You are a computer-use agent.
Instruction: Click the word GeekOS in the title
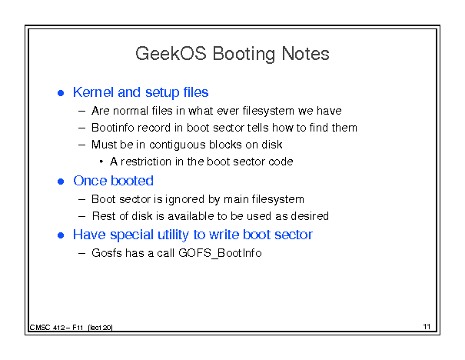(171, 54)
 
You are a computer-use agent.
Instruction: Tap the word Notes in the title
(305, 54)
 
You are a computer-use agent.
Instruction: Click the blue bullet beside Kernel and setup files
(61, 93)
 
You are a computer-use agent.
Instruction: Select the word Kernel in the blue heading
(94, 92)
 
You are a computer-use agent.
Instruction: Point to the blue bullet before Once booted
(61, 182)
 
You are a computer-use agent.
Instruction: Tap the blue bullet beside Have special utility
(61, 235)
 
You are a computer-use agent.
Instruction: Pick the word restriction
(146, 162)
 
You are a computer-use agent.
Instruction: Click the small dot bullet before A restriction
(101, 162)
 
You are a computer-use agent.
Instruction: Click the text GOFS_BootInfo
(220, 253)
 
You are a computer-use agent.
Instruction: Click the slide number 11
(427, 327)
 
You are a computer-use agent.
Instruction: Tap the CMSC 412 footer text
(71, 328)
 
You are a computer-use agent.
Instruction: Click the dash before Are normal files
(81, 112)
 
